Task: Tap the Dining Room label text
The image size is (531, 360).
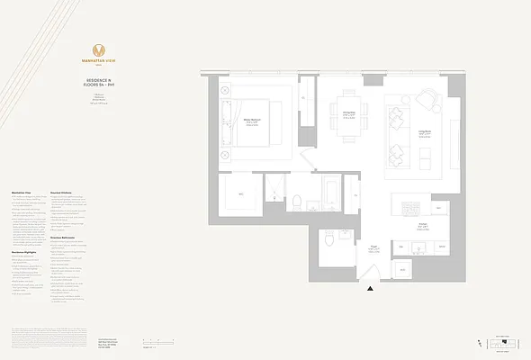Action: [x=348, y=113]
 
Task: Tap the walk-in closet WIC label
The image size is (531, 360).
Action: [x=240, y=194]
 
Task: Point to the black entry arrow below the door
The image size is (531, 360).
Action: [x=370, y=289]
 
